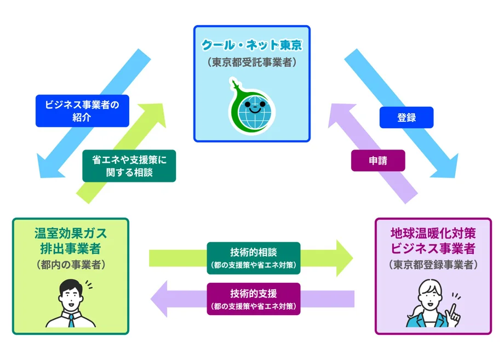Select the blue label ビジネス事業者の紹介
(82, 111)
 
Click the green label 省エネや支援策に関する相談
(129, 165)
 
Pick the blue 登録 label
(406, 117)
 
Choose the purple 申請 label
(378, 161)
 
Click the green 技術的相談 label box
(254, 258)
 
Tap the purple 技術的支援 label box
(254, 299)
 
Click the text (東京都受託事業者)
(252, 62)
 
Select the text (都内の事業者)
(70, 265)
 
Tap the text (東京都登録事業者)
(433, 265)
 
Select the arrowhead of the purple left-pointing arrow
(159, 299)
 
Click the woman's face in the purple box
(429, 296)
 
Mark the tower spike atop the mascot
(235, 85)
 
